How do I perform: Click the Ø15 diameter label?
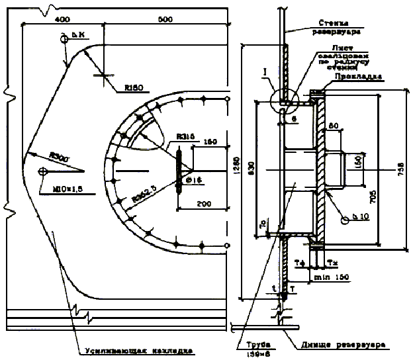[194, 179]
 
